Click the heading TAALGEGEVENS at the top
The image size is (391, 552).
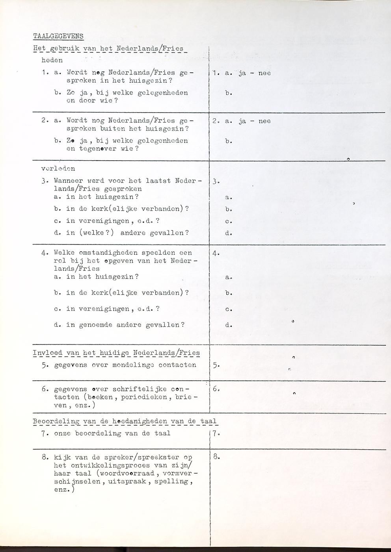tap(58, 36)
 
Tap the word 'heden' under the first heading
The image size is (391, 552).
tap(52, 60)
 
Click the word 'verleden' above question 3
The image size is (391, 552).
tap(58, 169)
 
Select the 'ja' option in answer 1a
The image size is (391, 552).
tap(242, 73)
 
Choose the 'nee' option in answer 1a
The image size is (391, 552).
tap(264, 73)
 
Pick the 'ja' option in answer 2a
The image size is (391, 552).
tap(242, 121)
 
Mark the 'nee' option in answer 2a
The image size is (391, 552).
tap(264, 121)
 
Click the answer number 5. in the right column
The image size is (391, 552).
tap(216, 365)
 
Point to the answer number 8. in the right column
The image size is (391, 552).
tap(216, 457)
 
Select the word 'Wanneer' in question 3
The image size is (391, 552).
tap(68, 181)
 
